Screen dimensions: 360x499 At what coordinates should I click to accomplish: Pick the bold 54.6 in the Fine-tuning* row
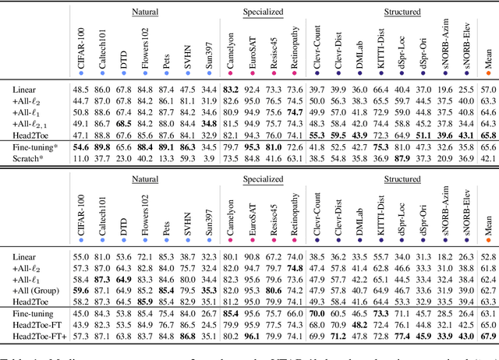(80, 146)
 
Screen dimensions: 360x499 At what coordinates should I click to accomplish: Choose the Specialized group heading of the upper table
(263, 12)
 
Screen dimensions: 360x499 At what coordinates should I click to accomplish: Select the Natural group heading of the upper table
(144, 12)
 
